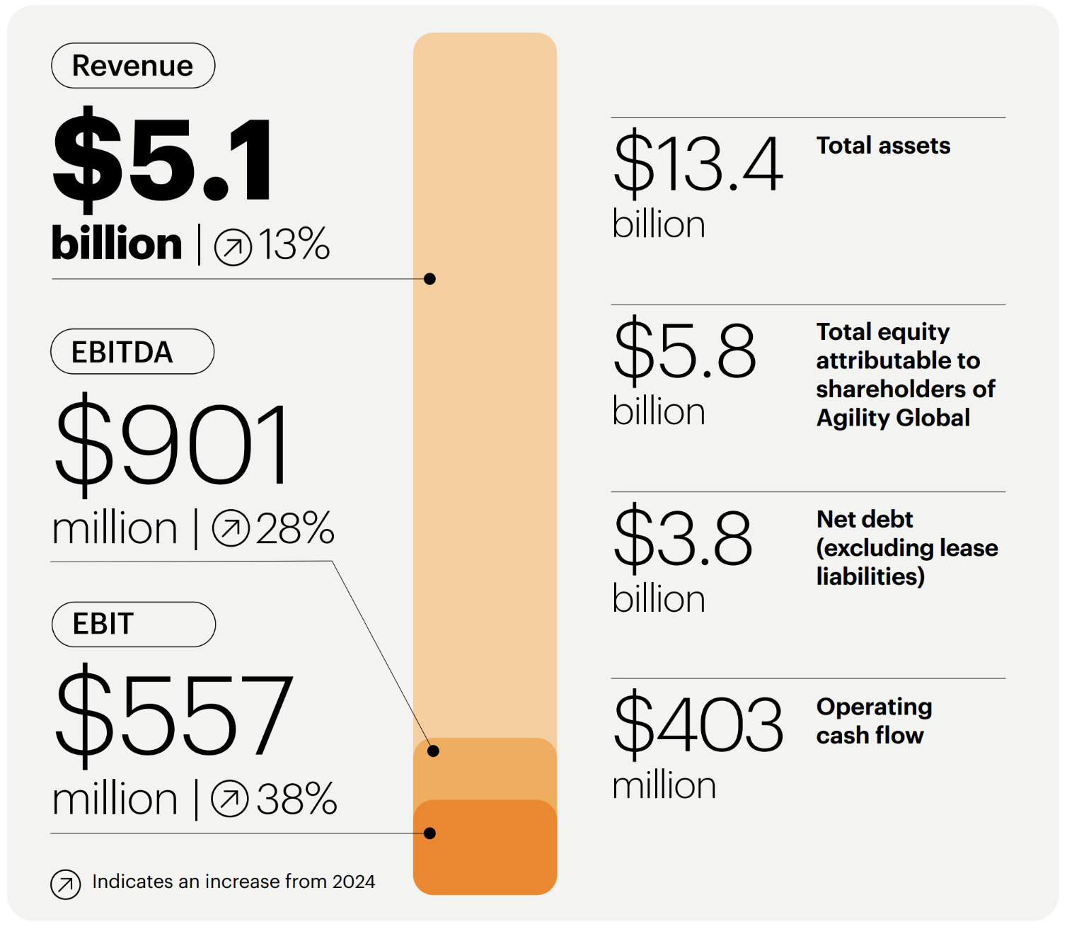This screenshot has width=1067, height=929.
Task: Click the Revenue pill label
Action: point(133,66)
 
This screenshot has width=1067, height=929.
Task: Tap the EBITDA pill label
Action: point(132,352)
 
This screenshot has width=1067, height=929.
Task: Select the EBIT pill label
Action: point(133,625)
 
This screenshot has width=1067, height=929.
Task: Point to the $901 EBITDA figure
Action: point(172,445)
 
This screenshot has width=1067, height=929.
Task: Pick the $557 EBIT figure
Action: point(173,715)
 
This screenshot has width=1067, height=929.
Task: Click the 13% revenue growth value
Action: point(294,245)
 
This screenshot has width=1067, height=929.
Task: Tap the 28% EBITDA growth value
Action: point(295,529)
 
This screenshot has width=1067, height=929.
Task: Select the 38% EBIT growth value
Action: point(296,799)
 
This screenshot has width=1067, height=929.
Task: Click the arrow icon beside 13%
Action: point(233,247)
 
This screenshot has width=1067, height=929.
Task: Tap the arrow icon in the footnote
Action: point(66,884)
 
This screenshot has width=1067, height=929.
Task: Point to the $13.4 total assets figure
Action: point(698,164)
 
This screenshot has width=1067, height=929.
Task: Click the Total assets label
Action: point(883,146)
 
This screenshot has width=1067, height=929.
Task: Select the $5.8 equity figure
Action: point(685,350)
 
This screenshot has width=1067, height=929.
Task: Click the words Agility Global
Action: point(893,418)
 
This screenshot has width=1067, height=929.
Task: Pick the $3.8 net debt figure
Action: point(683,537)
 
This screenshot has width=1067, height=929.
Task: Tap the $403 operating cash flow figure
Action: point(698,724)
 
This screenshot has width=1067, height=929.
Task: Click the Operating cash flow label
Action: point(874,721)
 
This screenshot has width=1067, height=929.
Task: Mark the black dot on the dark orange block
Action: point(429,833)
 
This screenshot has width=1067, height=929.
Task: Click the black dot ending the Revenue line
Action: point(429,279)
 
